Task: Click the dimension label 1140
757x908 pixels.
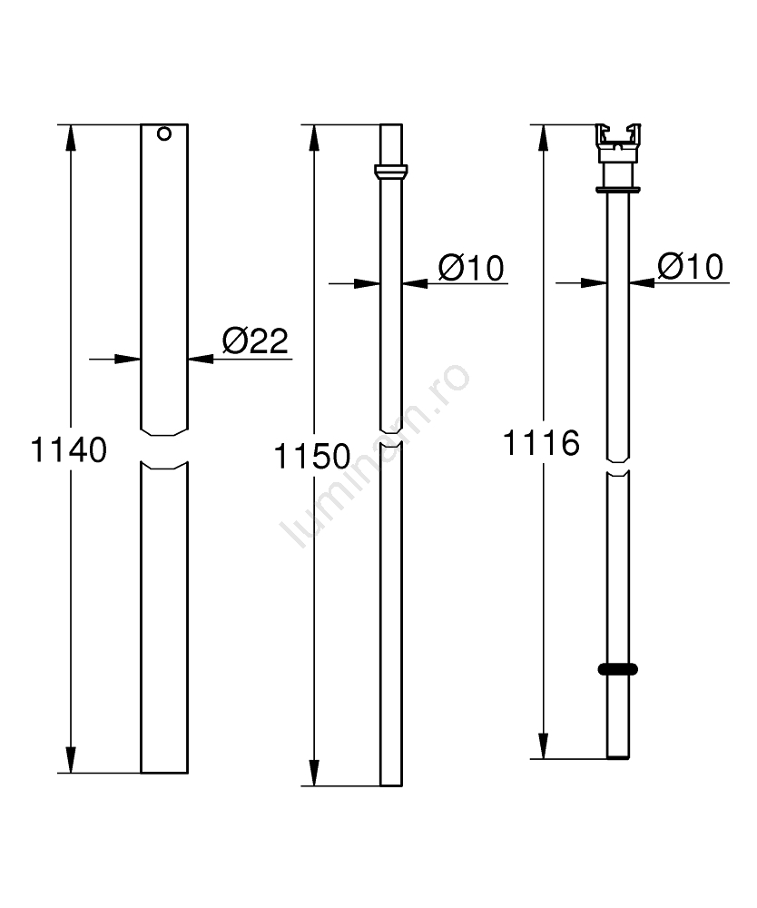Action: [68, 450]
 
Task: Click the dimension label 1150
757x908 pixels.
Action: [312, 457]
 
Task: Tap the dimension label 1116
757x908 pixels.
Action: [541, 443]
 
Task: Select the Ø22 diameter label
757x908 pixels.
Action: [255, 340]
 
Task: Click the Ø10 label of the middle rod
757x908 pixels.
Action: [471, 268]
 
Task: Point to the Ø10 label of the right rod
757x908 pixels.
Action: [691, 266]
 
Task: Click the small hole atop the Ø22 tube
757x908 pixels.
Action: [164, 133]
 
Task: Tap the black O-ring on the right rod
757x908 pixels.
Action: [618, 669]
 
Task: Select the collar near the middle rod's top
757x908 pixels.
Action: [391, 172]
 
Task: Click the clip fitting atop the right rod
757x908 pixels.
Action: [618, 143]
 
